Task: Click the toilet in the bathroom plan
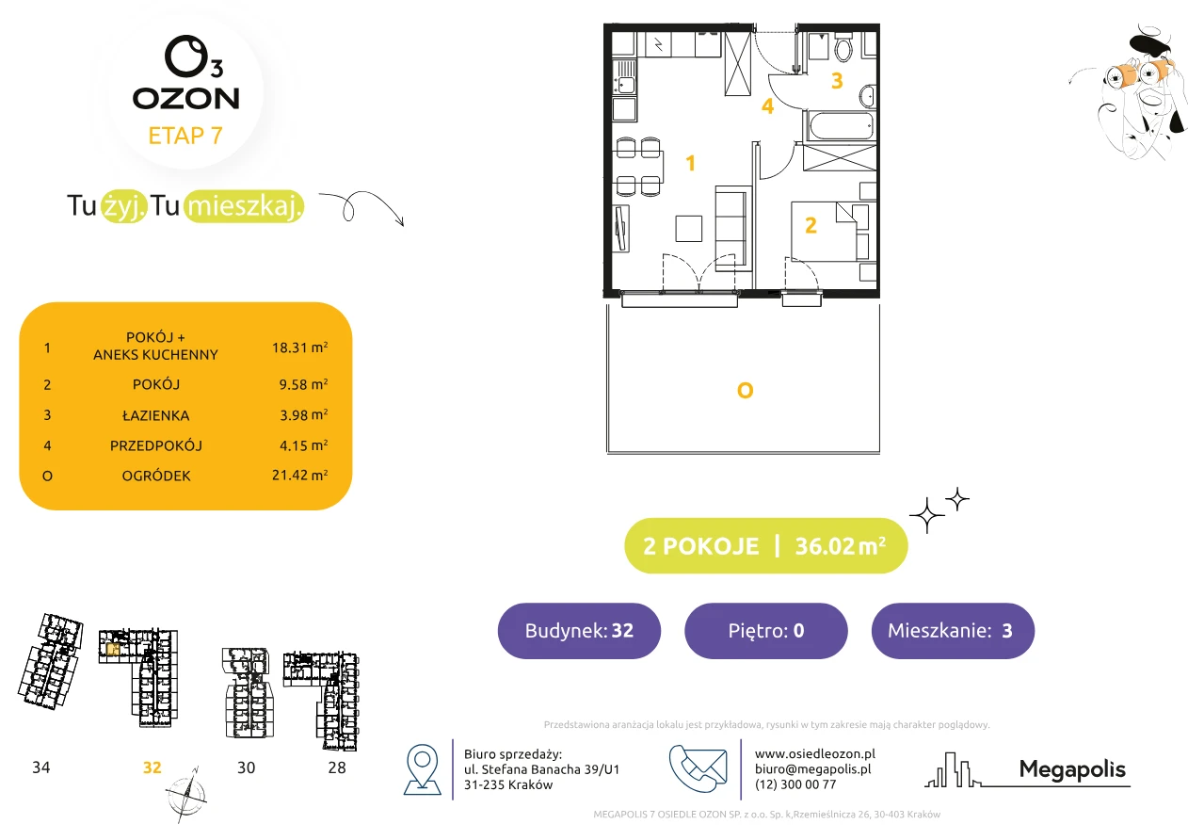click(843, 47)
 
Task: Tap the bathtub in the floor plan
click(841, 125)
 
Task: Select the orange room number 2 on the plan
click(811, 225)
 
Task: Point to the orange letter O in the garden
click(746, 391)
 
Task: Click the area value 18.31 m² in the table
click(299, 347)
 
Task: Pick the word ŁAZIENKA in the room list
click(156, 415)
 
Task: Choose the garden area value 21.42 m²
click(299, 475)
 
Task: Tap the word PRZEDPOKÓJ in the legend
click(156, 445)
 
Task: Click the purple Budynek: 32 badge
click(579, 630)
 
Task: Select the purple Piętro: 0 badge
click(766, 630)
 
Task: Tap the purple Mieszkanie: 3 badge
click(953, 630)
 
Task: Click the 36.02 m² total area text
click(840, 546)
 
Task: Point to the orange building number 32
click(153, 767)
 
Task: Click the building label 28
click(337, 767)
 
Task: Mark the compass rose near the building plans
click(185, 795)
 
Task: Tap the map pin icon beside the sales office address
click(422, 768)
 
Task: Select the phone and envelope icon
click(698, 768)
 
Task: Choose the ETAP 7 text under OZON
click(185, 136)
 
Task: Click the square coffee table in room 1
click(688, 229)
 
